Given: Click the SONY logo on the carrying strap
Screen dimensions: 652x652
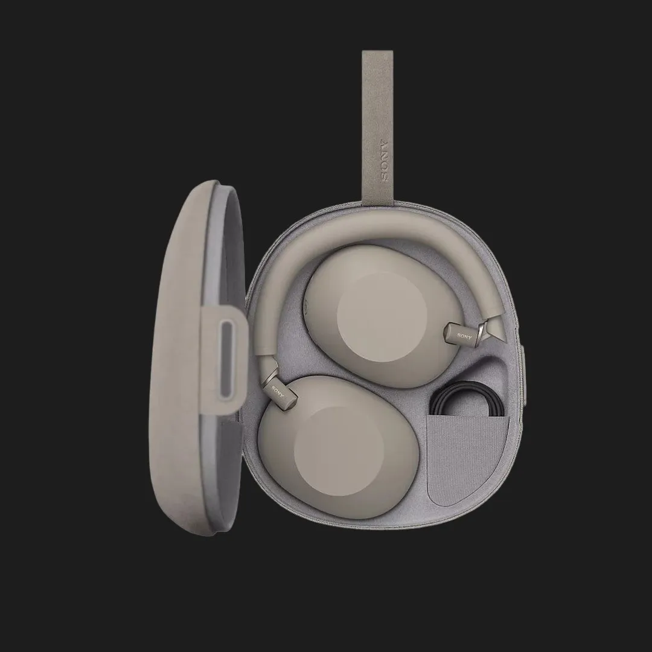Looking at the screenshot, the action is (383, 159).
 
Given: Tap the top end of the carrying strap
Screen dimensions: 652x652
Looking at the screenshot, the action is (377, 51).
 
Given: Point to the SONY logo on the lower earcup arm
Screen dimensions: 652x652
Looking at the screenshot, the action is (278, 392).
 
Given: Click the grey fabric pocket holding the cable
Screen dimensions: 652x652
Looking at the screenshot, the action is (468, 458).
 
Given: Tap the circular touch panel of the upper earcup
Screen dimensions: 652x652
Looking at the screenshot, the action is (382, 312).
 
